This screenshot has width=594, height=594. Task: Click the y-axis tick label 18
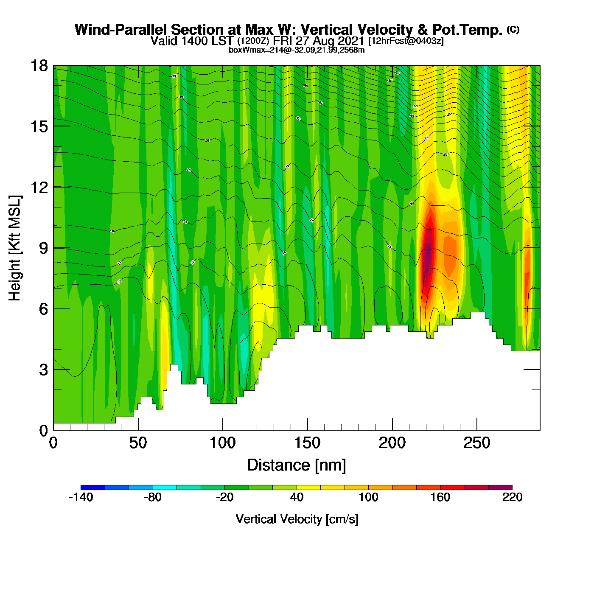coord(39,66)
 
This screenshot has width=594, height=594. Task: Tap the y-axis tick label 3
coord(43,370)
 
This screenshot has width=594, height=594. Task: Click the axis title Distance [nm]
coord(297,465)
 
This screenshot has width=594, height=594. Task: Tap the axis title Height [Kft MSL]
coord(15,248)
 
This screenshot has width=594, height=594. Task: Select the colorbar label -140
coord(81,497)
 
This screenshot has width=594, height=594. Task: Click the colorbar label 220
coord(512,497)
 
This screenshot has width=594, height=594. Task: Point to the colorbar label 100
coord(368,497)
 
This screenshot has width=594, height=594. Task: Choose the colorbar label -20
coord(224,497)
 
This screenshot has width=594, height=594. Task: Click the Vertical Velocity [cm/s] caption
coord(297,519)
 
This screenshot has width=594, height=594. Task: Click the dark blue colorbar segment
coord(92,488)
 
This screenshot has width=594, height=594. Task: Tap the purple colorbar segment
coord(500,488)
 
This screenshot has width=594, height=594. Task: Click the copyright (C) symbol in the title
coord(513,29)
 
